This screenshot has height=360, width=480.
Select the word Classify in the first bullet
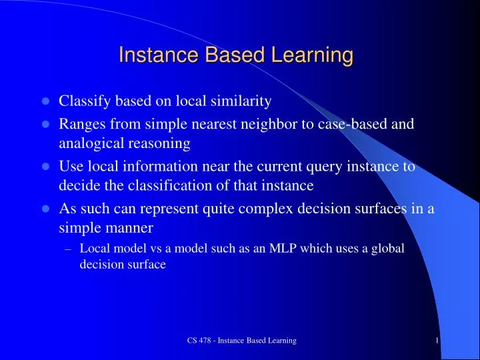point(83,102)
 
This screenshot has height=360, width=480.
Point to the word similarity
point(239,102)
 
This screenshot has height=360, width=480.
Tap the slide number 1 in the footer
point(435,341)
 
